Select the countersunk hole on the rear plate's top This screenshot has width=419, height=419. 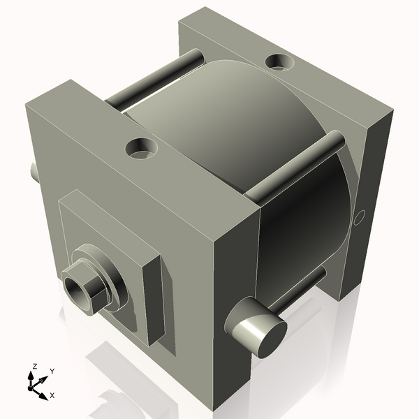pyautogui.click(x=281, y=63)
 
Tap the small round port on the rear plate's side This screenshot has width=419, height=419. pyautogui.click(x=358, y=219)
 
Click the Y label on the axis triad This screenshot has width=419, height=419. pyautogui.click(x=52, y=371)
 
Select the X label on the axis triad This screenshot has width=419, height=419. pyautogui.click(x=52, y=395)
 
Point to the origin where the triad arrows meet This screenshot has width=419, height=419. pyautogui.click(x=34, y=385)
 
